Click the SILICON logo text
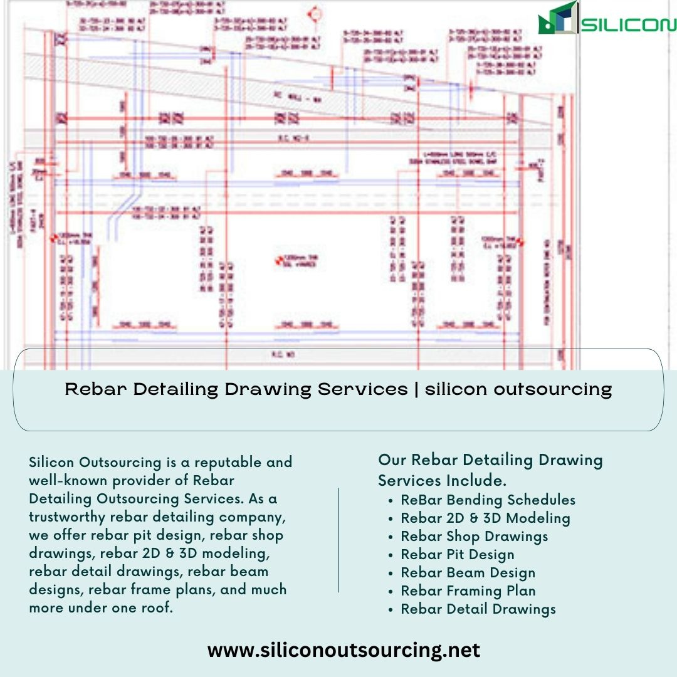[x=629, y=24]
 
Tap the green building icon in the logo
[x=557, y=19]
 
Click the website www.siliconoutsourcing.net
[x=344, y=650]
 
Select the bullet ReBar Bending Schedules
[x=488, y=500]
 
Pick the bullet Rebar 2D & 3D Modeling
[x=485, y=518]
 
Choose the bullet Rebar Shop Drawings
[x=474, y=536]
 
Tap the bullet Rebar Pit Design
[x=458, y=554]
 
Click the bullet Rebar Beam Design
[x=468, y=572]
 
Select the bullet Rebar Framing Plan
[x=468, y=590]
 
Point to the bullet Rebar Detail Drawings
[x=478, y=609]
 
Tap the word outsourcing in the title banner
[x=553, y=389]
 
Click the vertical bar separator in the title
[x=416, y=389]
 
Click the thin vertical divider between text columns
[x=338, y=540]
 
